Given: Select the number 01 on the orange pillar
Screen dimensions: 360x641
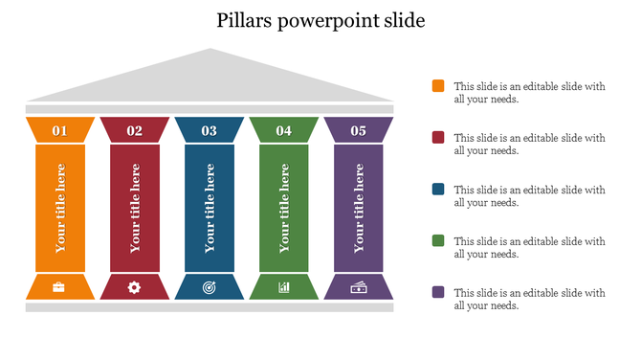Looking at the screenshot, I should pos(59,130).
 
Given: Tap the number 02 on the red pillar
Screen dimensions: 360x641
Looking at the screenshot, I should pos(134,130).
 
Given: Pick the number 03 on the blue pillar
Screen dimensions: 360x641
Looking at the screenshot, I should pos(209,130).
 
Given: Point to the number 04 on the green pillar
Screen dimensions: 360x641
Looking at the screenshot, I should pos(284,130).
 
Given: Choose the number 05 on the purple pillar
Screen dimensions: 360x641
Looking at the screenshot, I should pos(358,130).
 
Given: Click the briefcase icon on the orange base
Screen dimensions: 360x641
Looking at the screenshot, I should pos(59,286).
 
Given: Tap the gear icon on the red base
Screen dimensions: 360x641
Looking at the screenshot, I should pos(134,286).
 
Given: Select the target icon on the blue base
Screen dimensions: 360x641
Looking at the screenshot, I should pos(210,286).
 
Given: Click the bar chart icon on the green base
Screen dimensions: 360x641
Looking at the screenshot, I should pos(284,286).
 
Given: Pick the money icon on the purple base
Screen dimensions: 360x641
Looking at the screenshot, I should pos(358,286).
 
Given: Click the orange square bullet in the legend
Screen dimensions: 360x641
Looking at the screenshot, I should pos(438,86).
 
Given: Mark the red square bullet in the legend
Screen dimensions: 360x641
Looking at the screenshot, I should pos(438,138).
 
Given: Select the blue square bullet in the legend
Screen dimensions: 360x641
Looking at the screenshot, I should pos(438,190).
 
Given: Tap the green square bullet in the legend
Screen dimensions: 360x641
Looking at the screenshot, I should pos(438,241).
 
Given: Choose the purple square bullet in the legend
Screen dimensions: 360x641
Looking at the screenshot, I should pos(438,293).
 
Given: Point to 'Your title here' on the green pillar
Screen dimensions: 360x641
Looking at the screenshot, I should pos(284,208).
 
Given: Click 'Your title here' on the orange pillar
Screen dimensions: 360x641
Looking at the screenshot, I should pos(60,208).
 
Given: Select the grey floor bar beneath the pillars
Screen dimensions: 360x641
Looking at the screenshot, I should pos(210,307).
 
